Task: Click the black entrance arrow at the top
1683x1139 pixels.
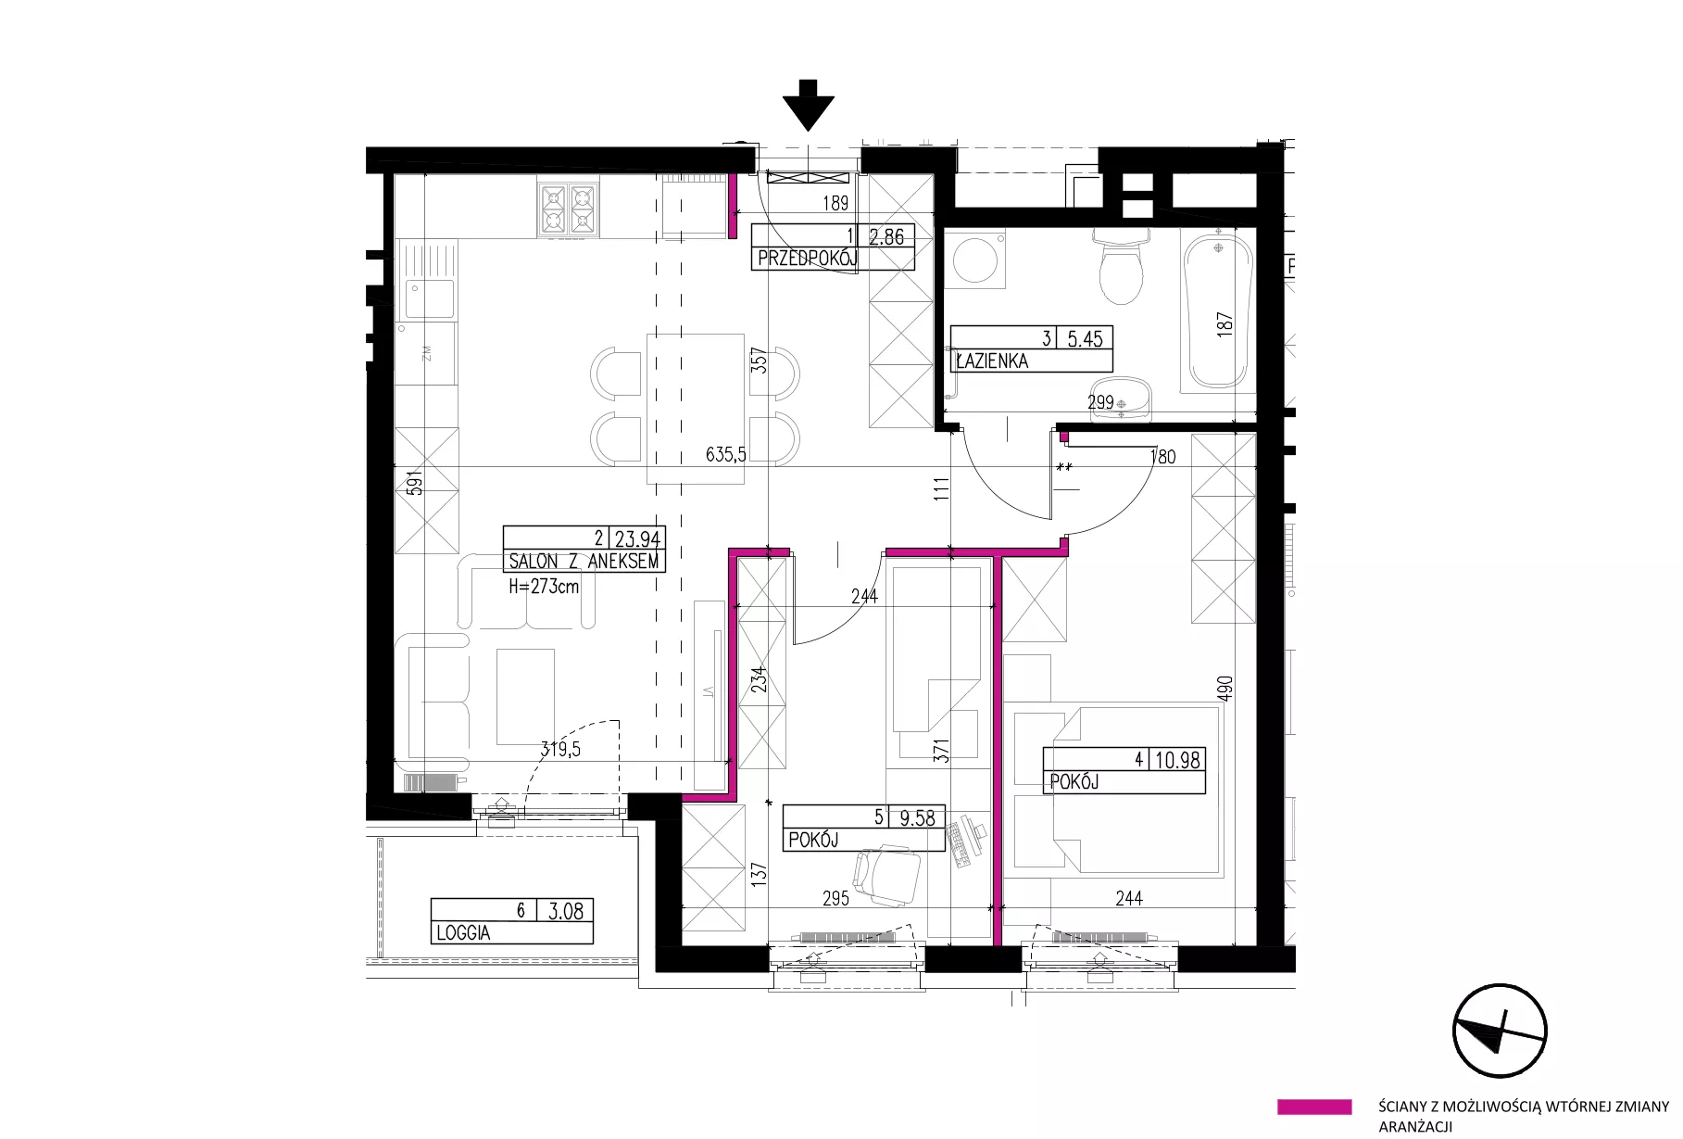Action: (x=809, y=104)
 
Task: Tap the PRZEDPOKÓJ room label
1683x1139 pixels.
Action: (x=807, y=259)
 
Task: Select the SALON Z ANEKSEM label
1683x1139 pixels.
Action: (x=584, y=562)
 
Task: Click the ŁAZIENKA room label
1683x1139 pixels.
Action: (x=992, y=361)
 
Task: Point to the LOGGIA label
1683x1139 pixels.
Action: (x=463, y=933)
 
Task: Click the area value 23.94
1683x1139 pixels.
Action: (x=637, y=538)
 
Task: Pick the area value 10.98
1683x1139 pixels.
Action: (x=1177, y=760)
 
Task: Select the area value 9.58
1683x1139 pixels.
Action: (x=917, y=817)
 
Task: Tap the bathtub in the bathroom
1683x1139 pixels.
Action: (x=1218, y=311)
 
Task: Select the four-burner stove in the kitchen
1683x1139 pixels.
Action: (x=568, y=209)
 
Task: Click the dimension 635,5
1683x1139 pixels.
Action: (x=726, y=454)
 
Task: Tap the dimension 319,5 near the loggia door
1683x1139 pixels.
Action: (x=560, y=750)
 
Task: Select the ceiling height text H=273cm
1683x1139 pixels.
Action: (x=544, y=586)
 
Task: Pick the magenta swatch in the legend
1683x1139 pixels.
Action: (x=1313, y=1107)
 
